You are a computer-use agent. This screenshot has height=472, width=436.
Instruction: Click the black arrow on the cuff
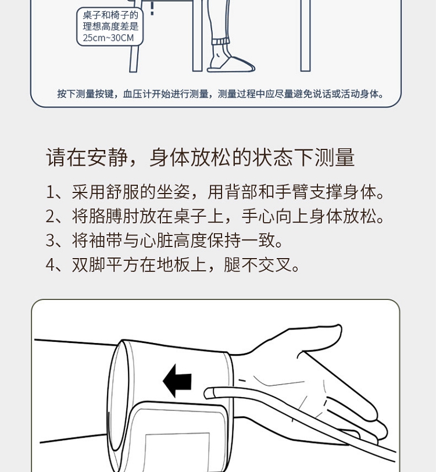click(x=177, y=381)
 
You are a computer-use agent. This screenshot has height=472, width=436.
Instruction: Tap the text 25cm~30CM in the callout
click(x=108, y=38)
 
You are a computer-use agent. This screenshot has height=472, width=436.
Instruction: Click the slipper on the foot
click(x=231, y=64)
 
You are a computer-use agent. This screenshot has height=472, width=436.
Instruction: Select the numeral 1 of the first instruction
click(x=49, y=192)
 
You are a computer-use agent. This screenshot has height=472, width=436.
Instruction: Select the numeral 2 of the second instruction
click(x=50, y=216)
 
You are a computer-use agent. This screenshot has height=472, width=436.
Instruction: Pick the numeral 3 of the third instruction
click(x=50, y=241)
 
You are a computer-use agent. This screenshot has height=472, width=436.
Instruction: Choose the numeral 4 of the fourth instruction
click(x=50, y=265)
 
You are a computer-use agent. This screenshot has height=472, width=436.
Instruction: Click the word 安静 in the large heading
click(x=108, y=157)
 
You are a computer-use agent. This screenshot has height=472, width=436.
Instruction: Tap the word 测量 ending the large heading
click(x=334, y=157)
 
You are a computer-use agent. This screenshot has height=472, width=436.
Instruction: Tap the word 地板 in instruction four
click(x=173, y=265)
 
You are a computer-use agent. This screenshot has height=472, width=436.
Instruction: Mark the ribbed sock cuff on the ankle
click(x=221, y=41)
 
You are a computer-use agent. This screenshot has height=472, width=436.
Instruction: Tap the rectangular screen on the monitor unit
click(x=178, y=452)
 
